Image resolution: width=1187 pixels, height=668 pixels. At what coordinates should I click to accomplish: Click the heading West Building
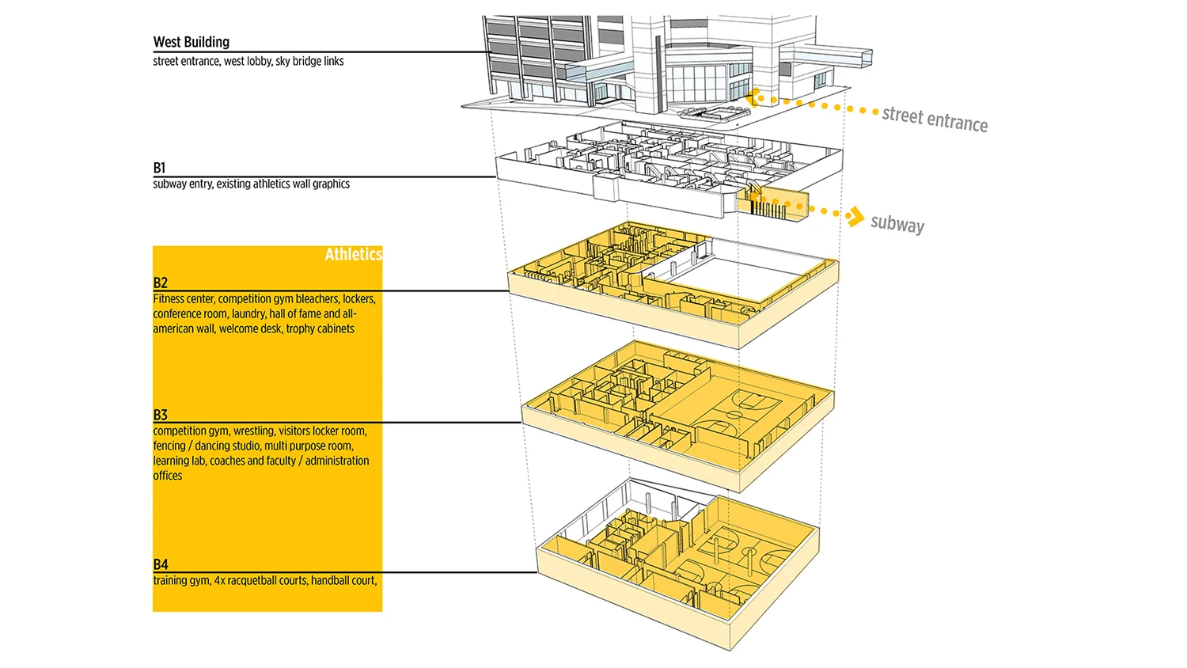click(x=191, y=42)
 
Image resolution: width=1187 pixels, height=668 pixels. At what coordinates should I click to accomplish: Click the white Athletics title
click(x=353, y=254)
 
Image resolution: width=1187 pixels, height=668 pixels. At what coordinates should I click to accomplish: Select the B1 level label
click(x=159, y=168)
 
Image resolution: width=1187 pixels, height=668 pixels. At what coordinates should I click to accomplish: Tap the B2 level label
click(x=160, y=283)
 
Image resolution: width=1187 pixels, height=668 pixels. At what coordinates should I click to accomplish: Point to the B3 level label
click(x=160, y=415)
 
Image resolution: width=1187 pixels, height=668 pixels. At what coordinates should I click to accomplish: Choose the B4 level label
click(x=160, y=564)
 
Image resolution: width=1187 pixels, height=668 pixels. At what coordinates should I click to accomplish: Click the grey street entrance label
click(x=935, y=119)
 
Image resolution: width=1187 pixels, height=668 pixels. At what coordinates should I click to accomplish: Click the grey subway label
click(x=897, y=223)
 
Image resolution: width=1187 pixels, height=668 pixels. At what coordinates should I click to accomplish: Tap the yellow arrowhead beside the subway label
click(x=854, y=216)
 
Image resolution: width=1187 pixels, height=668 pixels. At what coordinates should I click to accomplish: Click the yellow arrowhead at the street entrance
click(x=755, y=97)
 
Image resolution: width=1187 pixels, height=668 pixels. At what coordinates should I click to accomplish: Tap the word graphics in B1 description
click(x=331, y=184)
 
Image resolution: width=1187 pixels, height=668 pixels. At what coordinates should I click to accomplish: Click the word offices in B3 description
click(x=167, y=476)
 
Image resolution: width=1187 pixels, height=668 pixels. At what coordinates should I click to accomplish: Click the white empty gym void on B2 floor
click(x=728, y=274)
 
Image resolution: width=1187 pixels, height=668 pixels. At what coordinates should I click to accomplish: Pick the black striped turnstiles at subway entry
click(x=768, y=209)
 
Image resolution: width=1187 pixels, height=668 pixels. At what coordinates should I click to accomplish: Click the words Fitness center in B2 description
click(x=184, y=299)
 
